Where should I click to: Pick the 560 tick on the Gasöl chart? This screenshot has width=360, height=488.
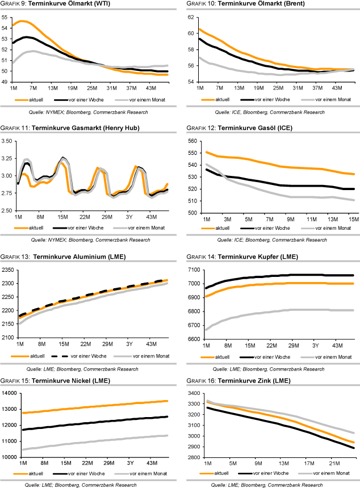coord(190,141)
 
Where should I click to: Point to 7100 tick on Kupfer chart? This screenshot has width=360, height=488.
coord(189,270)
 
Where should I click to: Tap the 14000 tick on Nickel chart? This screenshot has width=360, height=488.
coord(9,393)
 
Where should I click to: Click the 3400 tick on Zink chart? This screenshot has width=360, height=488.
coord(189,393)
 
